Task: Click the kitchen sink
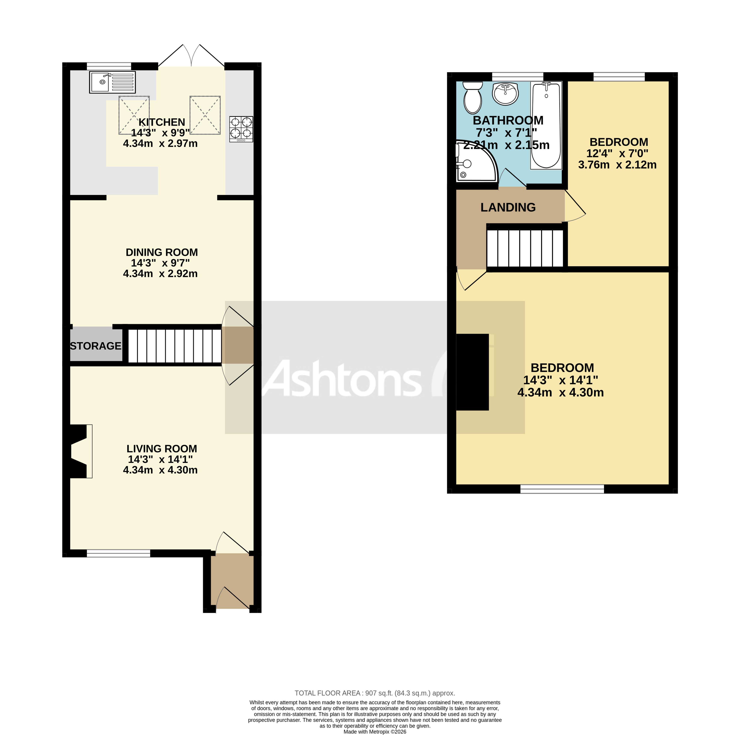[112, 82]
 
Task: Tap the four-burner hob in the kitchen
[241, 129]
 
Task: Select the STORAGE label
[95, 346]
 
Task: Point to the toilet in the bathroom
[472, 97]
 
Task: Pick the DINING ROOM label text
[162, 252]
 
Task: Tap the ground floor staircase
[175, 346]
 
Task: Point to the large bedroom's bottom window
[562, 489]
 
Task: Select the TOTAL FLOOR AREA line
[374, 693]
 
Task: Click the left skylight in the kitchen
[134, 115]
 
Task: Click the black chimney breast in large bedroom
[472, 372]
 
